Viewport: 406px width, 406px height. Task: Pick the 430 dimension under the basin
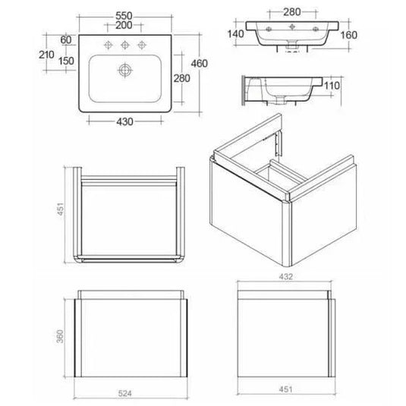[x=124, y=121]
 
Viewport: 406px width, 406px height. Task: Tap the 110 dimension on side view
[x=332, y=87]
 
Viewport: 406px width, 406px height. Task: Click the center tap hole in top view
[x=126, y=42]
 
